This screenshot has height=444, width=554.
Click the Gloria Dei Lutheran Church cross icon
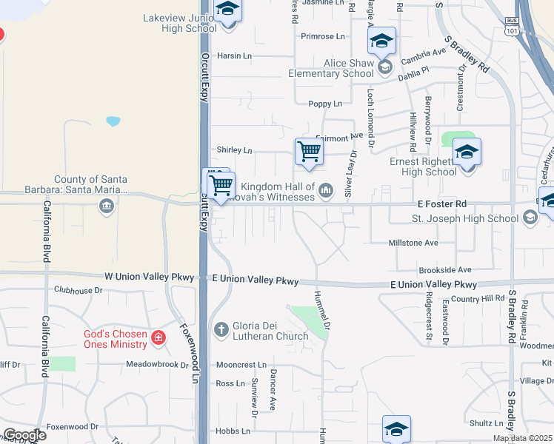tap(221, 329)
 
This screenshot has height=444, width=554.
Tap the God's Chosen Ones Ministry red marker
tap(158, 338)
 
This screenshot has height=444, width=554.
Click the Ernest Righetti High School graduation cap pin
tap(467, 152)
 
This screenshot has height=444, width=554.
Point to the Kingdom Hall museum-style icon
tap(325, 192)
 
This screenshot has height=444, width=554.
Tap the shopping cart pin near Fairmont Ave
tap(309, 152)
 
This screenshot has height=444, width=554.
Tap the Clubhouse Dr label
tap(78, 290)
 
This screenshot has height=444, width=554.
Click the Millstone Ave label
tap(413, 243)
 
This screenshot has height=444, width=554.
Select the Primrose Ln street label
tap(323, 36)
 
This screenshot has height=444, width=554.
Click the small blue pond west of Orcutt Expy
tap(113, 121)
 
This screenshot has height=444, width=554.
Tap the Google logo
tap(24, 435)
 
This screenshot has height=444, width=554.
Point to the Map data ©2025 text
tap(522, 438)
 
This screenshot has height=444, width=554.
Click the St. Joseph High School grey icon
tap(530, 218)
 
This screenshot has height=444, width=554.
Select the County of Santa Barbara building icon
tap(107, 205)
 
